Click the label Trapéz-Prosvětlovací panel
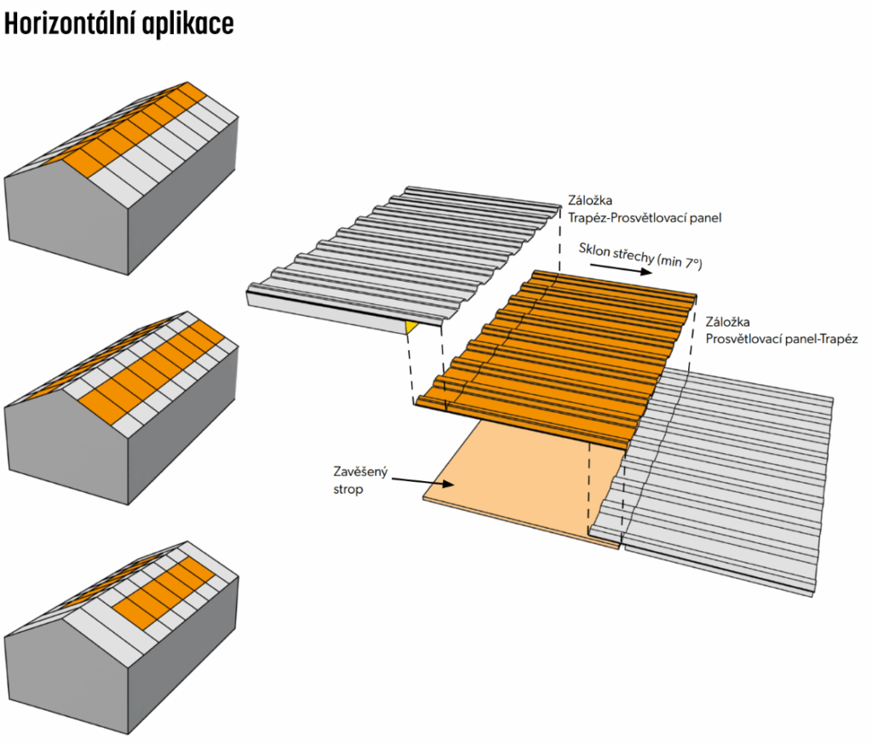(x=645, y=218)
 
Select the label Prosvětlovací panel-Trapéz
(x=781, y=339)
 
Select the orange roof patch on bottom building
(x=162, y=596)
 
